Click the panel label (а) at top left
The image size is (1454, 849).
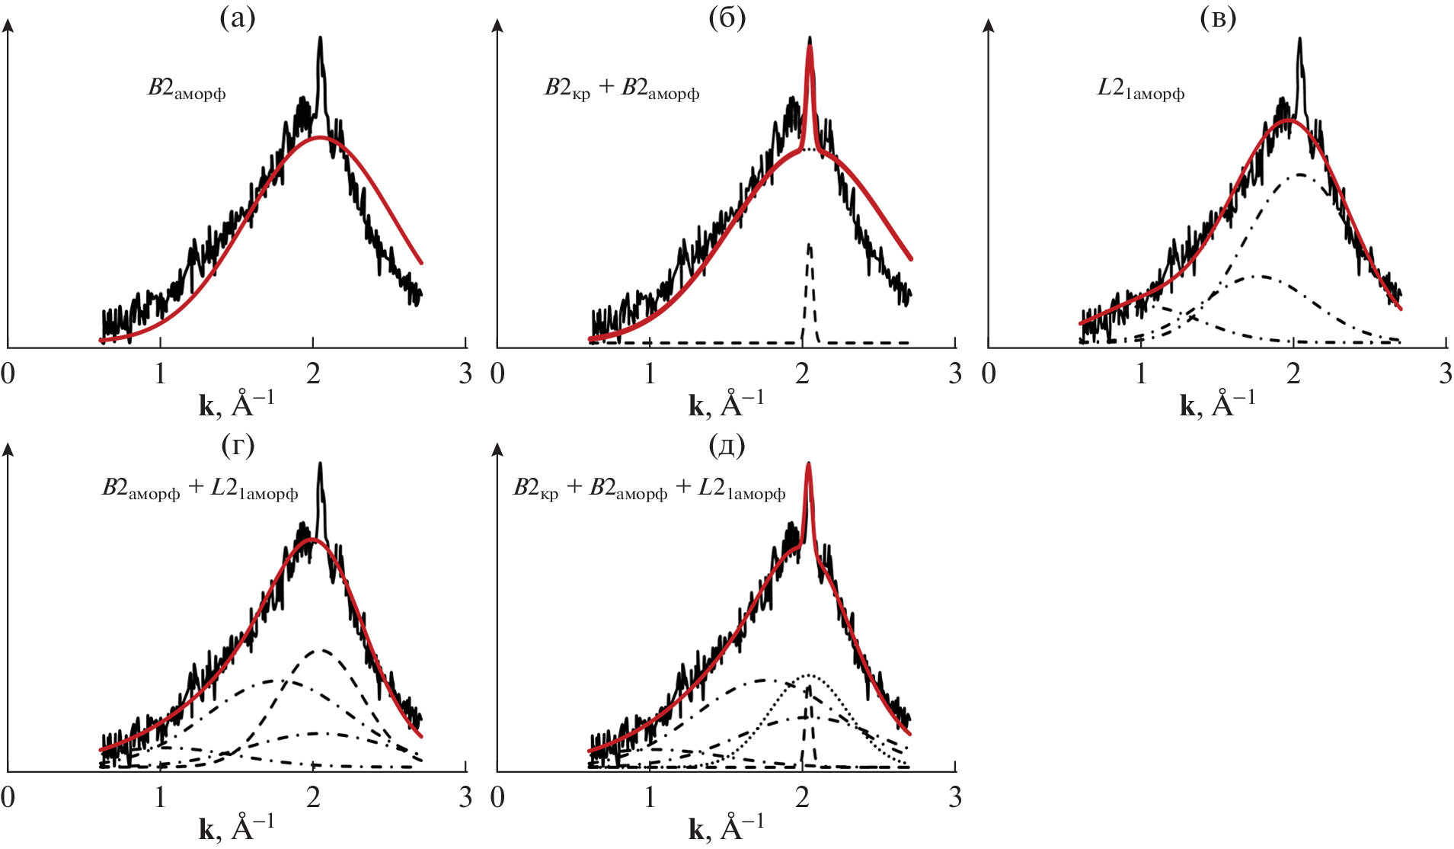pyautogui.click(x=237, y=18)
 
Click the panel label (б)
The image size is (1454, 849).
pyautogui.click(x=727, y=18)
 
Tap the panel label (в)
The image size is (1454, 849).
pyautogui.click(x=1217, y=18)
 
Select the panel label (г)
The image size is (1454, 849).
pyautogui.click(x=237, y=444)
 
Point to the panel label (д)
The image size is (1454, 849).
pyautogui.click(x=727, y=444)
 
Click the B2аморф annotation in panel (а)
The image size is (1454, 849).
pyautogui.click(x=187, y=89)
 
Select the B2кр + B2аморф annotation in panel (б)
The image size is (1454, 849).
pyautogui.click(x=622, y=89)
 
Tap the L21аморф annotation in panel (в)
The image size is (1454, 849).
pyautogui.click(x=1140, y=89)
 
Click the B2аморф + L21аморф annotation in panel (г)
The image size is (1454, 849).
pyautogui.click(x=200, y=489)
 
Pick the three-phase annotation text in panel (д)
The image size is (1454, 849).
pyautogui.click(x=649, y=489)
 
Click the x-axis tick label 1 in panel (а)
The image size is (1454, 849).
pyautogui.click(x=160, y=373)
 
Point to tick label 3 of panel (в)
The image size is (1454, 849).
pyautogui.click(x=1445, y=373)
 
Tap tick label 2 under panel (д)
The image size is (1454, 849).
pyautogui.click(x=802, y=797)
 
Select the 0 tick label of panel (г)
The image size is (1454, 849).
pyautogui.click(x=8, y=797)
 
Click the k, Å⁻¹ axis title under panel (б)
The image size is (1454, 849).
pyautogui.click(x=726, y=403)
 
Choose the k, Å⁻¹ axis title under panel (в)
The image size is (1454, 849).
pyautogui.click(x=1217, y=403)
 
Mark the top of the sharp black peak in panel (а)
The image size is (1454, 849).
pyautogui.click(x=320, y=38)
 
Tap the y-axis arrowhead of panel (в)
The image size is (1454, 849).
pyautogui.click(x=989, y=27)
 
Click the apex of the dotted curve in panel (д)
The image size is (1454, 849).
pyautogui.click(x=808, y=674)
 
